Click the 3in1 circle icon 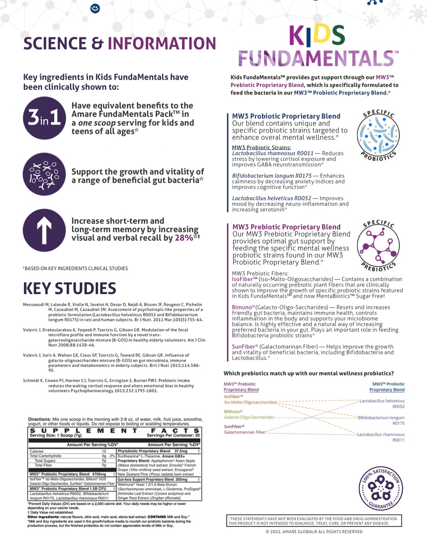click(x=44, y=118)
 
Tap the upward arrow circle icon click(x=44, y=230)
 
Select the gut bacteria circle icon click(x=44, y=174)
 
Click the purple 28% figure click(x=184, y=238)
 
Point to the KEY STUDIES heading click(x=69, y=289)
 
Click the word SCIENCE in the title click(x=55, y=43)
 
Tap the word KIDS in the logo click(x=317, y=35)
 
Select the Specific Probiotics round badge click(x=378, y=135)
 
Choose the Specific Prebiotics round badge click(x=378, y=246)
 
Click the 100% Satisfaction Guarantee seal click(x=381, y=489)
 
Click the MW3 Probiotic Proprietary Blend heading click(x=286, y=116)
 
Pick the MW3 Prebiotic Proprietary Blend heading click(x=286, y=227)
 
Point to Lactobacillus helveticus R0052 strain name click(x=272, y=198)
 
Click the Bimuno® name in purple click(x=243, y=307)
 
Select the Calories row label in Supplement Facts click(x=37, y=451)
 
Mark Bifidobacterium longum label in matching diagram click(x=381, y=418)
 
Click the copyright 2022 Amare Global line click(x=314, y=531)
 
